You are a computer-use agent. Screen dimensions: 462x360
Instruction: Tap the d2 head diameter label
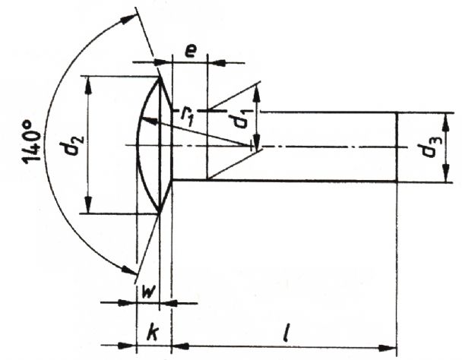72,145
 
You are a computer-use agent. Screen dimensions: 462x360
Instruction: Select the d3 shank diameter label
432,147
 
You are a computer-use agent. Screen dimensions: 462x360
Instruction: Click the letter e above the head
191,52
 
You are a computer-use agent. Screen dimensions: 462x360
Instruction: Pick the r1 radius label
187,116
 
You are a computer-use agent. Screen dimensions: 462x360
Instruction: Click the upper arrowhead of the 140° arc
128,19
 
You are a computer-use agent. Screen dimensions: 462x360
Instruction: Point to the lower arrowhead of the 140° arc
129,270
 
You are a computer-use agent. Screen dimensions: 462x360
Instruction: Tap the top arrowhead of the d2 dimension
88,85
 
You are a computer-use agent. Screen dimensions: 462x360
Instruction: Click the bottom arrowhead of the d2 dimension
88,204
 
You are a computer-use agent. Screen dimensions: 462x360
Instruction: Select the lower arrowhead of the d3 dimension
446,173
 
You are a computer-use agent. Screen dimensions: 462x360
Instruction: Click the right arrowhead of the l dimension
388,348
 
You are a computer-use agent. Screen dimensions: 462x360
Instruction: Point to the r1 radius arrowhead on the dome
149,121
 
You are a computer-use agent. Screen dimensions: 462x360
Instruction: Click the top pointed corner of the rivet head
160,77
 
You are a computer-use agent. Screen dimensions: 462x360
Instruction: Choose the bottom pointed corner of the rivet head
160,213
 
